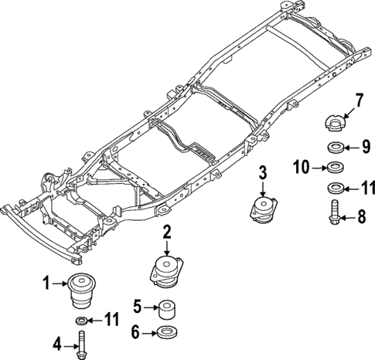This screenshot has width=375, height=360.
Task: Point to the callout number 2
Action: click(166, 230)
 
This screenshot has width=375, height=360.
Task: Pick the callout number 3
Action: click(263, 172)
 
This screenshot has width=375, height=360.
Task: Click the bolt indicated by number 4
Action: click(82, 343)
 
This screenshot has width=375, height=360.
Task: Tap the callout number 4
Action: click(57, 343)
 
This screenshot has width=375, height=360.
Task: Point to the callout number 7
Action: click(358, 100)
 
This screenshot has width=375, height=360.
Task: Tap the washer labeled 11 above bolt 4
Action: click(81, 320)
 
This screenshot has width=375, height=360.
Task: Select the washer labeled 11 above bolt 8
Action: click(336, 188)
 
